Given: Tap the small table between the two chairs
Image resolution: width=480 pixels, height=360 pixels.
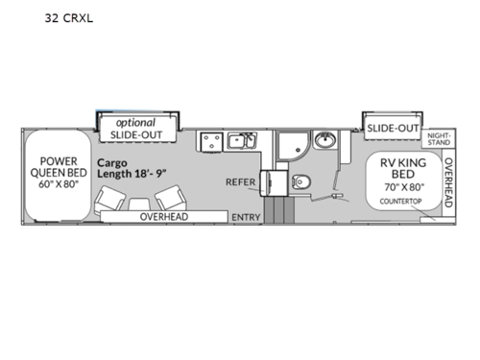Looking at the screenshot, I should [x=140, y=204].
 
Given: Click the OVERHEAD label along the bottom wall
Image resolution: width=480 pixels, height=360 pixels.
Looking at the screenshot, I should [x=167, y=218].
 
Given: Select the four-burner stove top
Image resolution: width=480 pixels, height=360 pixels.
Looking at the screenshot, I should [x=212, y=143].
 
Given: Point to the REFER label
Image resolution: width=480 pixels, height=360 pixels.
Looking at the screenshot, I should [x=239, y=180].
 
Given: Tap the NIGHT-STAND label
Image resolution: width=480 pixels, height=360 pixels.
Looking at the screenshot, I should [x=439, y=140].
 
